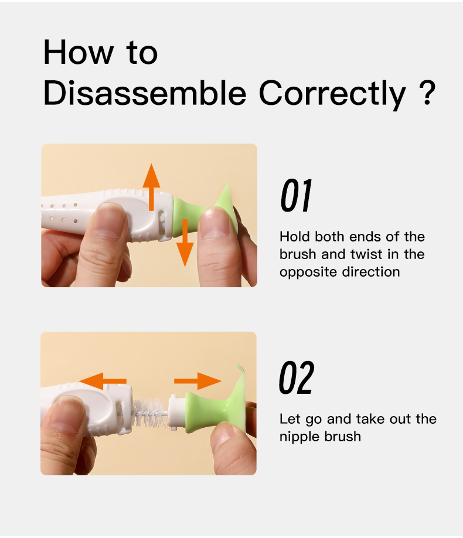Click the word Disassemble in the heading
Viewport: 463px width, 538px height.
tap(145, 93)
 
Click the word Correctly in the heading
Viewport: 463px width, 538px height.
tap(332, 94)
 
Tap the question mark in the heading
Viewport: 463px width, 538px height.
tap(427, 93)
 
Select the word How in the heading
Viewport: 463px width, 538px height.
tap(79, 52)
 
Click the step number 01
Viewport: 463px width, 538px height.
tap(296, 195)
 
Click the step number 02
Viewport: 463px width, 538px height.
tap(296, 377)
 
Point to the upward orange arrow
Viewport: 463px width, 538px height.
tap(151, 187)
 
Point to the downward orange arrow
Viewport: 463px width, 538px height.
tap(185, 243)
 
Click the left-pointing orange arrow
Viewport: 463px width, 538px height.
tap(103, 381)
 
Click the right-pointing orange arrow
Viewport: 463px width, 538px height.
tap(198, 381)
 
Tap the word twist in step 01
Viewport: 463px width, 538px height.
tap(366, 254)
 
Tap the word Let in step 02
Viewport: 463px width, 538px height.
tap(290, 419)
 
